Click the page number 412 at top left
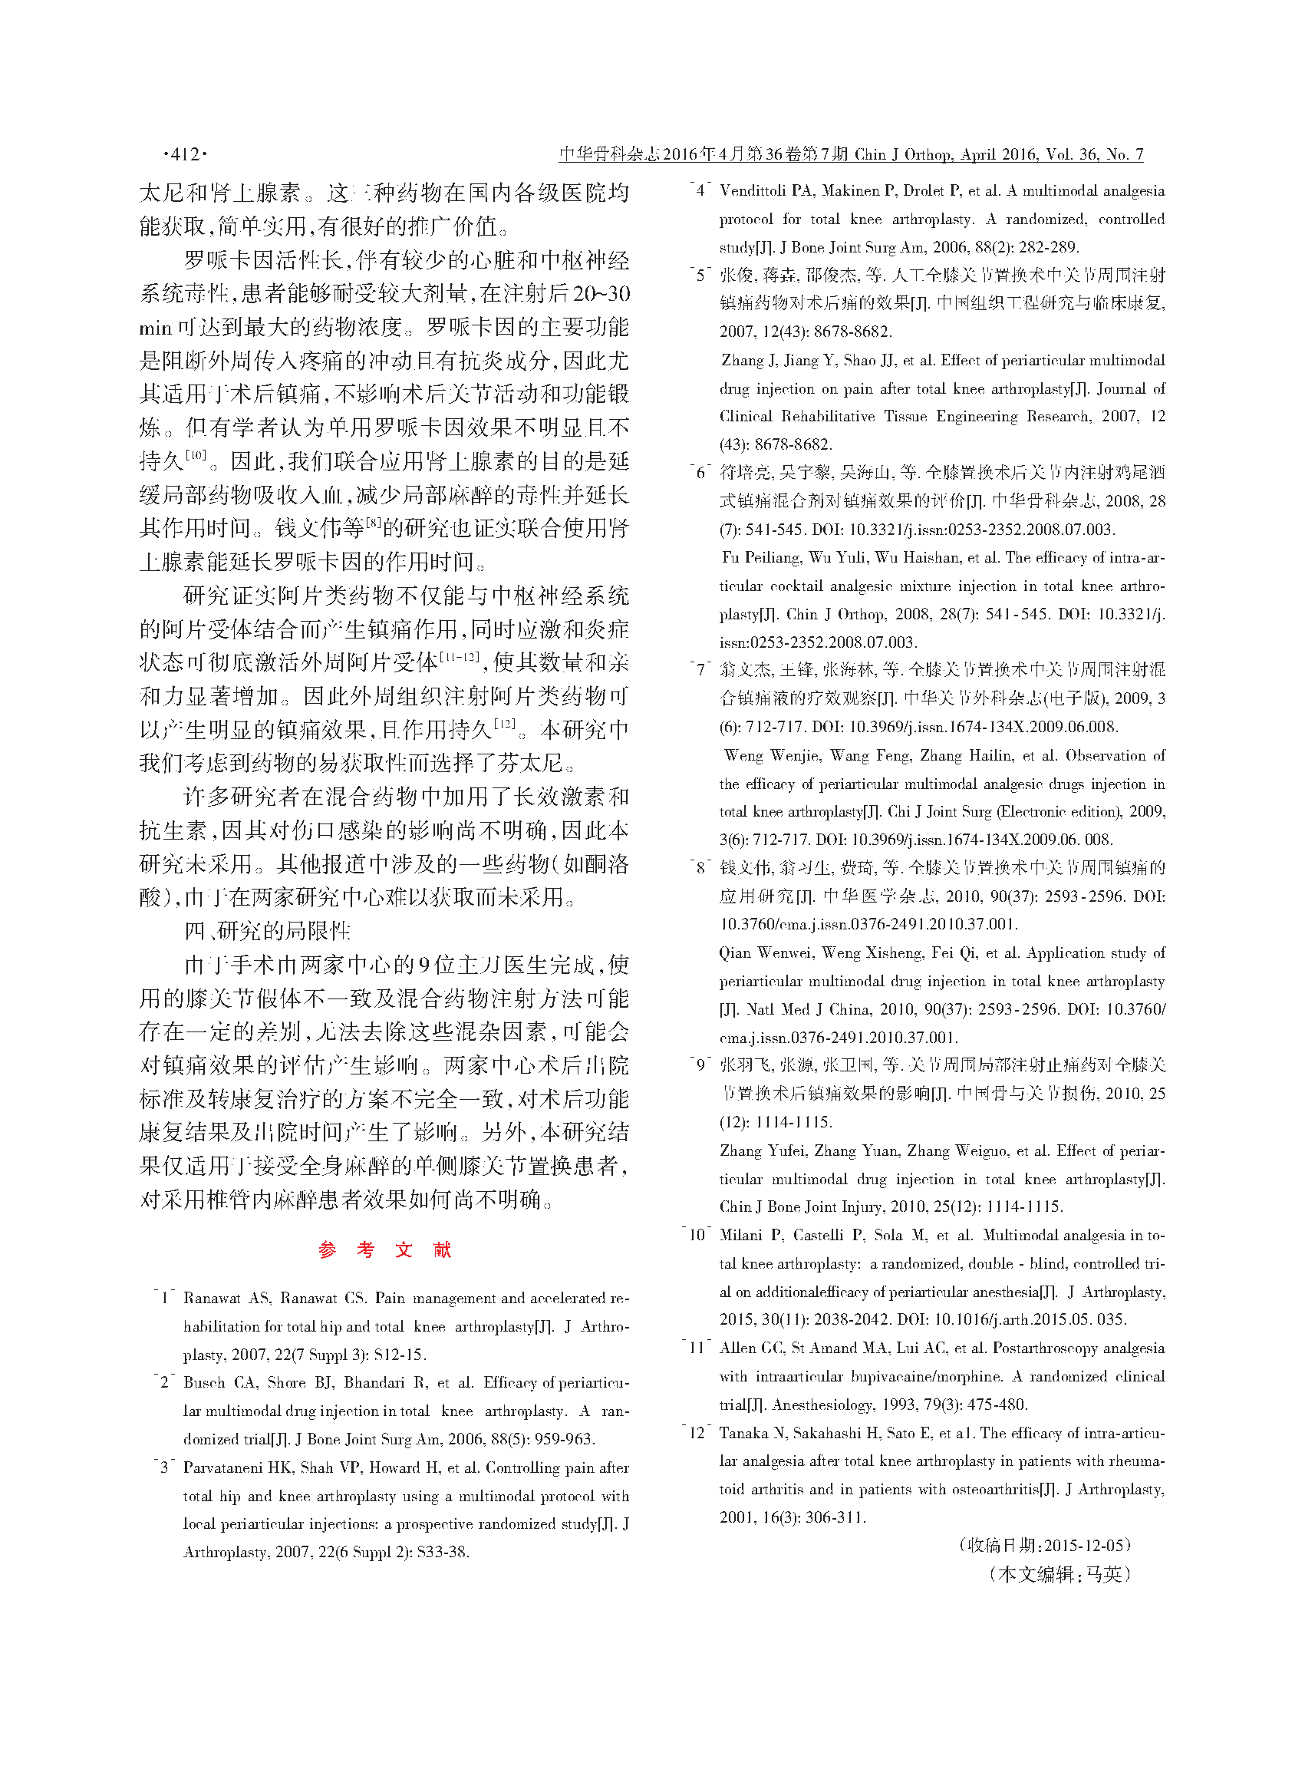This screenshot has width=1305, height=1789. [185, 154]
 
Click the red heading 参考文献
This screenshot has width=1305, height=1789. [384, 1249]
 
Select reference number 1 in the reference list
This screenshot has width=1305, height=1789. [165, 1298]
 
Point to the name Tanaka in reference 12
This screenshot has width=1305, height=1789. [743, 1433]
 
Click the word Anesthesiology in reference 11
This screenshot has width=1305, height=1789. [822, 1404]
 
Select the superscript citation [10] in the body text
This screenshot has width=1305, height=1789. [195, 454]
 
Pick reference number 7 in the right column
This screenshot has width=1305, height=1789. [700, 669]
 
